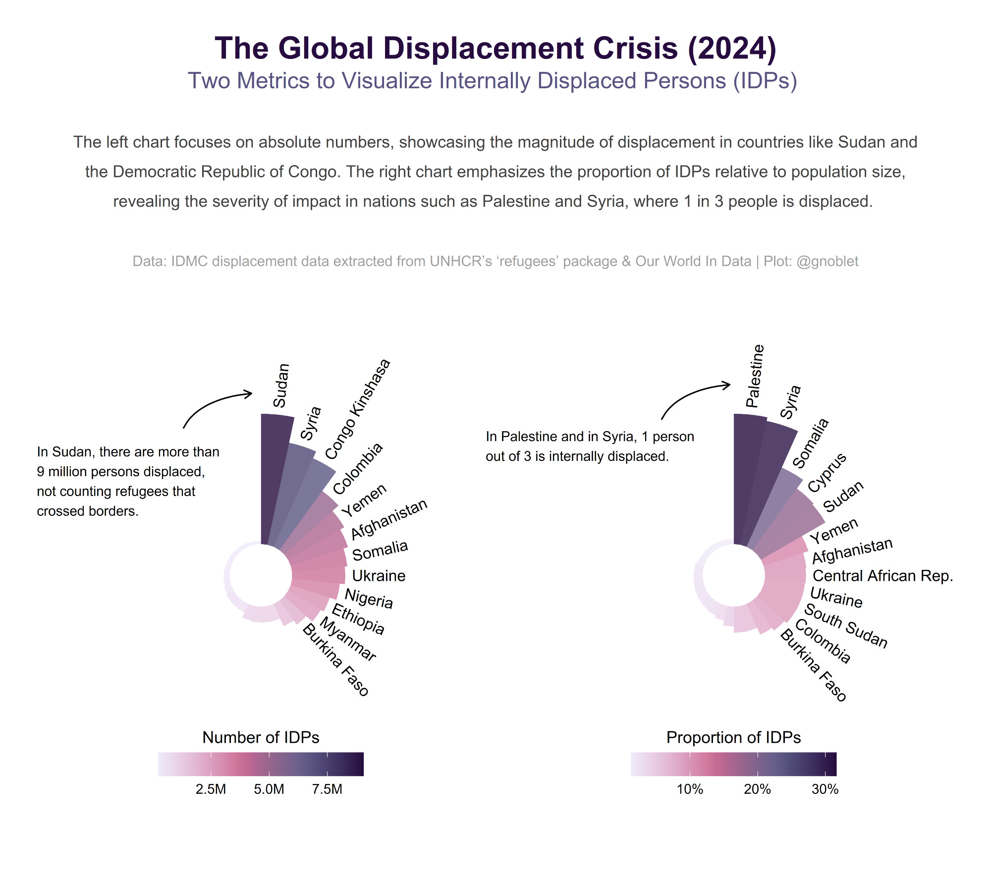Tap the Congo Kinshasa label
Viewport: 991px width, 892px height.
(x=358, y=409)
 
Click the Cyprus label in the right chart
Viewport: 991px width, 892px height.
(x=827, y=472)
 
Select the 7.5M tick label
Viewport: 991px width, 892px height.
(x=327, y=789)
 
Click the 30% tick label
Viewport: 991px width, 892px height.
(x=825, y=789)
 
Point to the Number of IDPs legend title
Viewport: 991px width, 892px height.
(x=261, y=737)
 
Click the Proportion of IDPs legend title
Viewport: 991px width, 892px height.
(x=733, y=737)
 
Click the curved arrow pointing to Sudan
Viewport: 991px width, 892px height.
(x=213, y=404)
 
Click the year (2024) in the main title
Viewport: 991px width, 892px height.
(x=732, y=49)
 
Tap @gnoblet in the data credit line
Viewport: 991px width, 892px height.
(x=827, y=261)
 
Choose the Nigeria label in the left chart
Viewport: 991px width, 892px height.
(x=369, y=599)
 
